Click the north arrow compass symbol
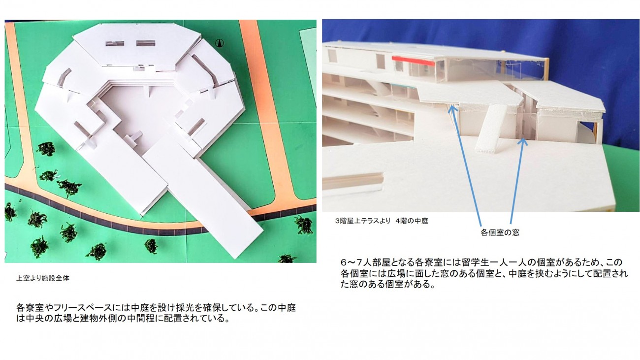[220, 43]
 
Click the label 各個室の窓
[500, 232]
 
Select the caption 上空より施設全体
[42, 278]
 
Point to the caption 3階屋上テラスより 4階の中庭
[382, 221]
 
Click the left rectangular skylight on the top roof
[115, 44]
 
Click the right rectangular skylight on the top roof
[146, 43]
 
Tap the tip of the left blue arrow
[450, 107]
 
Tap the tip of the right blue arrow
[523, 139]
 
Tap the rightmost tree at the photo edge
[304, 225]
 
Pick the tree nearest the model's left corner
[46, 149]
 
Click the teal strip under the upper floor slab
[403, 85]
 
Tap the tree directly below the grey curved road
[151, 246]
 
